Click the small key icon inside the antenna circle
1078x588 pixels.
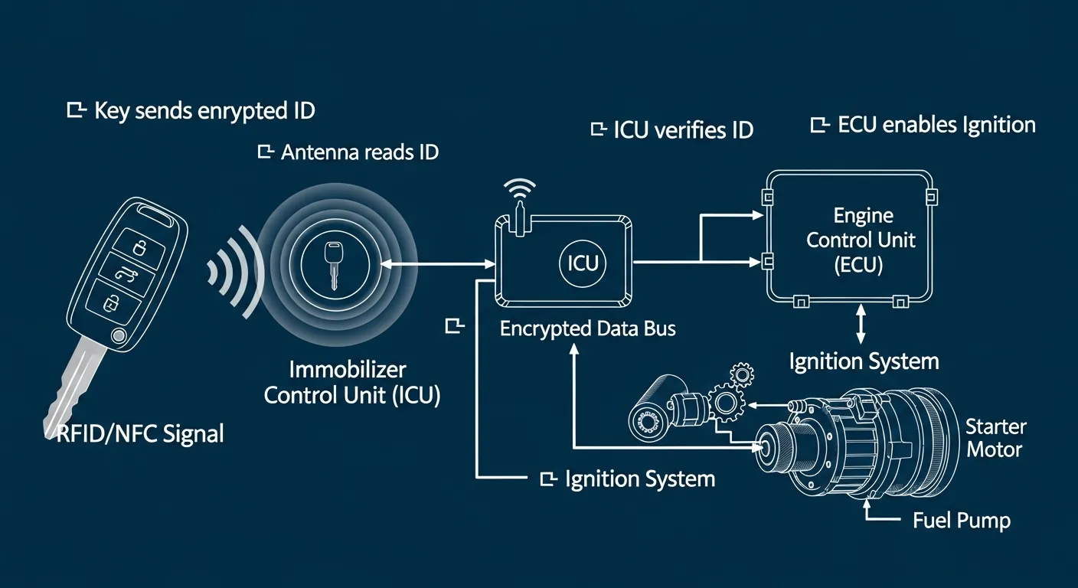[334, 264]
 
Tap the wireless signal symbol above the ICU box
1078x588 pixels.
[520, 191]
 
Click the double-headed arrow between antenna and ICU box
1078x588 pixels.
[437, 263]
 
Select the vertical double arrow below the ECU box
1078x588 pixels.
[861, 325]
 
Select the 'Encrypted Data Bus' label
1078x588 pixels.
[587, 328]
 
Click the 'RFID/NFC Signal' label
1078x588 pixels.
[141, 434]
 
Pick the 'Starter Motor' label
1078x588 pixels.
[995, 437]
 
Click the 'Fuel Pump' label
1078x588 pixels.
[962, 521]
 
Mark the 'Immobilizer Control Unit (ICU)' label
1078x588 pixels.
[351, 383]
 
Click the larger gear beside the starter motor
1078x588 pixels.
[723, 402]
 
